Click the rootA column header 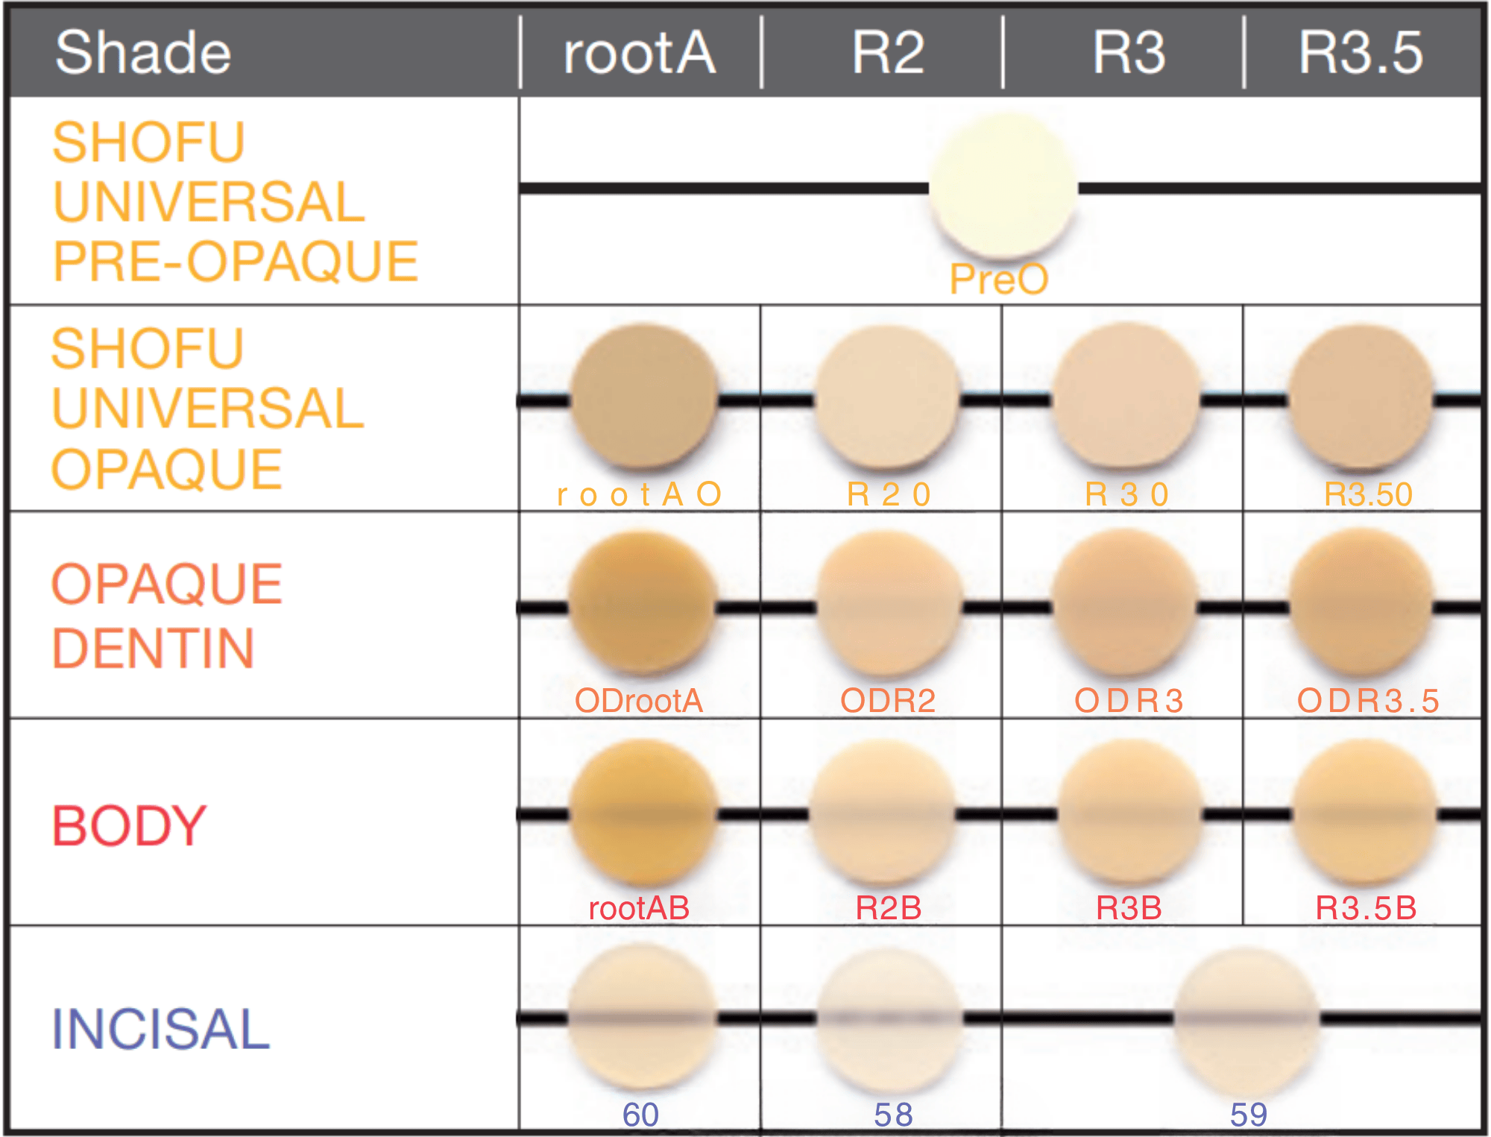pyautogui.click(x=640, y=53)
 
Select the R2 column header pyautogui.click(x=888, y=53)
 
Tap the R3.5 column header pyautogui.click(x=1361, y=53)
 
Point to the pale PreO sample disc pyautogui.click(x=1003, y=186)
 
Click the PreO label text pyautogui.click(x=999, y=280)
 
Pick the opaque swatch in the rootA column pyautogui.click(x=644, y=397)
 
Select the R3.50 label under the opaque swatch pyautogui.click(x=1368, y=494)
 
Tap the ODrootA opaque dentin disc pyautogui.click(x=642, y=604)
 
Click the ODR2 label pyautogui.click(x=888, y=701)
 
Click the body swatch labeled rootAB pyautogui.click(x=643, y=813)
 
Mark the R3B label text pyautogui.click(x=1129, y=908)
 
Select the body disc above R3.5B pyautogui.click(x=1364, y=813)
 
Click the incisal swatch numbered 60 pyautogui.click(x=642, y=1017)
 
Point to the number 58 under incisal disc pyautogui.click(x=893, y=1115)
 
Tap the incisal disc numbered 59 pyautogui.click(x=1246, y=1020)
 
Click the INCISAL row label pyautogui.click(x=160, y=1030)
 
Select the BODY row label pyautogui.click(x=128, y=826)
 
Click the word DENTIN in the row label pyautogui.click(x=153, y=648)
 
